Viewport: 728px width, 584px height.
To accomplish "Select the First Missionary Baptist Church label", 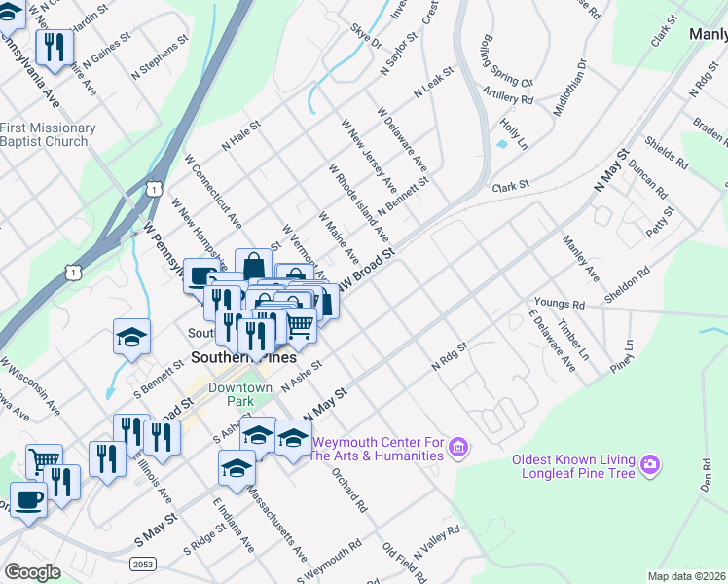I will click(48, 134).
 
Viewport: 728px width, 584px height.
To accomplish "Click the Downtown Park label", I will click(231, 394).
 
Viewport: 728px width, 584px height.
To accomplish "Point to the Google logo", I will click(32, 572).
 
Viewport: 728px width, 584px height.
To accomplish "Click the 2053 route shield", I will click(142, 564).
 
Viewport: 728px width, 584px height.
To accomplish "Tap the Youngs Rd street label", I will click(558, 305).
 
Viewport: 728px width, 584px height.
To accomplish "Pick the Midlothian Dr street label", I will click(570, 87).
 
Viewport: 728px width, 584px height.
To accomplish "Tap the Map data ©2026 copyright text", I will click(687, 576).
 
